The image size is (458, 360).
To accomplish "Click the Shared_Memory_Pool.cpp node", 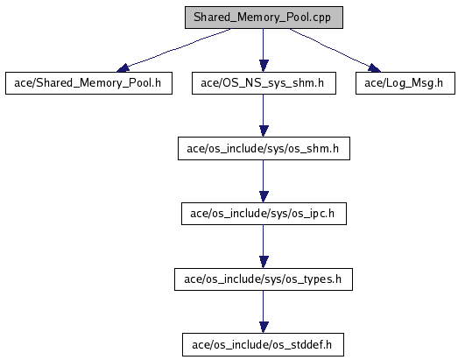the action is (264, 18).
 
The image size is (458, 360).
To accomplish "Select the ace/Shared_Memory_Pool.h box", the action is (88, 83).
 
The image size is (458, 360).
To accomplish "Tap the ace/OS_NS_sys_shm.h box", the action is (264, 83).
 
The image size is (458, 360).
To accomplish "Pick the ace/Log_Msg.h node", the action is (405, 83).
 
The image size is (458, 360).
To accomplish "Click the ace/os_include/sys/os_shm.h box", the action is (264, 148).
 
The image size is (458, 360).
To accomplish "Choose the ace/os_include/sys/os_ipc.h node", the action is (264, 214).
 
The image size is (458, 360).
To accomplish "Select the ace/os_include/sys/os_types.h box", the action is (264, 279).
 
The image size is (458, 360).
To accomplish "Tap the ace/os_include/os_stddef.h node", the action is (263, 345).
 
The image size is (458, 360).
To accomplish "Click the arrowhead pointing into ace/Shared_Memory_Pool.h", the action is (123, 68).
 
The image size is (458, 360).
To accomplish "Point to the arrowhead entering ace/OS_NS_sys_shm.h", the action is (264, 66).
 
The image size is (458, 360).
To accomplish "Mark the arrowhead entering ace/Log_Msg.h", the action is (375, 68).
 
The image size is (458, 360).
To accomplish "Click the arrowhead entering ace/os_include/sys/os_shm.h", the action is (264, 131).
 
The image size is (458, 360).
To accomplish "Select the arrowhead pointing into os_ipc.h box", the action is (264, 197).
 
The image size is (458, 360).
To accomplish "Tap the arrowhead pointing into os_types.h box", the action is (264, 262).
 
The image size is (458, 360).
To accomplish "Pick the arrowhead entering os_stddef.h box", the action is (264, 328).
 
